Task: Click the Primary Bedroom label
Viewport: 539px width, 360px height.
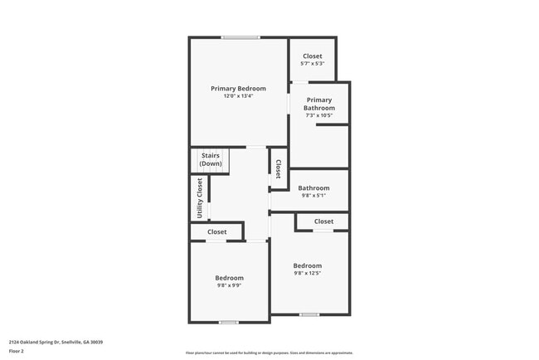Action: coord(238,89)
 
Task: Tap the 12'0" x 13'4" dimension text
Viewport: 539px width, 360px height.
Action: coord(238,96)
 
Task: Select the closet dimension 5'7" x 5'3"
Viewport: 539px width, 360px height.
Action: coord(313,64)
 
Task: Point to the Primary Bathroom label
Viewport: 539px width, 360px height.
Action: coord(319,104)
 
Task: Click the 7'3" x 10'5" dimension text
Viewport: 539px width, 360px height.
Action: coord(319,115)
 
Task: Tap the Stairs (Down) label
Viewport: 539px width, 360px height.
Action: coord(211,159)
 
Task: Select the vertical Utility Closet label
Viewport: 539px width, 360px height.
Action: coord(200,198)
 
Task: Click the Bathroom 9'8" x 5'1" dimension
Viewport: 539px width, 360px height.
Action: coord(313,196)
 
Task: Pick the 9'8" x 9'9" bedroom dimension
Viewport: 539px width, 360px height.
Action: coord(230,286)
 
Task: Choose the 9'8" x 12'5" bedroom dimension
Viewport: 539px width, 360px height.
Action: coord(307,273)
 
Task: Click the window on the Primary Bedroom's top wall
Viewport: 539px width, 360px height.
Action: coord(240,37)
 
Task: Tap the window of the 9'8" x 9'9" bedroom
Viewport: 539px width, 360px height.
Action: coord(229,322)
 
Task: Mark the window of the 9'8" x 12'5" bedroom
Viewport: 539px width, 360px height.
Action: coord(309,314)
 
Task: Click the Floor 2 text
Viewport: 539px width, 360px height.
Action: coord(17,351)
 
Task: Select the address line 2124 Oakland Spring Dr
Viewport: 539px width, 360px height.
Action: coord(56,342)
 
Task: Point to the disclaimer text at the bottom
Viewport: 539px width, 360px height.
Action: coord(269,353)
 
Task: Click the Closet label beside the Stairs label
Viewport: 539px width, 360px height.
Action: coord(279,168)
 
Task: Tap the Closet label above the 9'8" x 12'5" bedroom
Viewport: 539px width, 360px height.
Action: coord(323,221)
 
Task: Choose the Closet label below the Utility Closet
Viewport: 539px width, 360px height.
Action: coord(217,232)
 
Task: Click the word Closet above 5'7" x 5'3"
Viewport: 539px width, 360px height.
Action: coord(313,56)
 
